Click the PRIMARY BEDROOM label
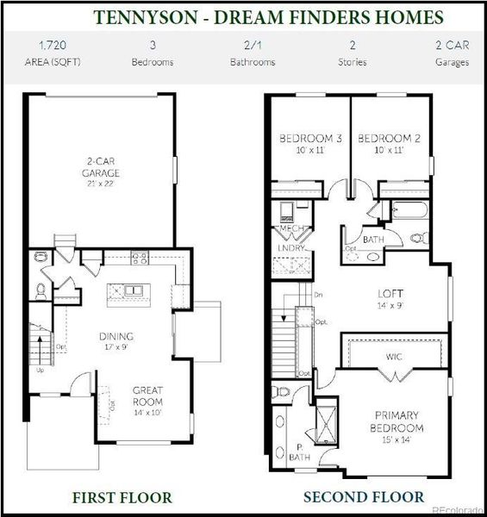[396, 422]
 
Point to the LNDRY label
[286, 248]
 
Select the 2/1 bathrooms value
[253, 45]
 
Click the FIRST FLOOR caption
[122, 497]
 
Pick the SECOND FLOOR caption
[363, 497]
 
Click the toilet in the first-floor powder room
[40, 257]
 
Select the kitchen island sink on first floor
[133, 290]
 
